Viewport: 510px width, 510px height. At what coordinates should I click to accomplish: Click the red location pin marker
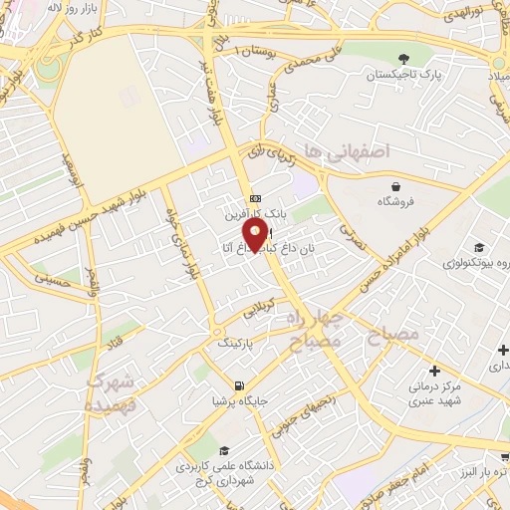tap(256, 235)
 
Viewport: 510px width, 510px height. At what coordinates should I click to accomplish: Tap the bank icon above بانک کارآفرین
tap(256, 197)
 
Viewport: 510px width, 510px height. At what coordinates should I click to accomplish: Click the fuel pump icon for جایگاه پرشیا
tap(239, 385)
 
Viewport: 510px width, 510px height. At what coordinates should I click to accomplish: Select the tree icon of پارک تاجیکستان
tap(402, 59)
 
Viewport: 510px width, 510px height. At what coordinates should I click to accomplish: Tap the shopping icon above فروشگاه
tap(396, 185)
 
